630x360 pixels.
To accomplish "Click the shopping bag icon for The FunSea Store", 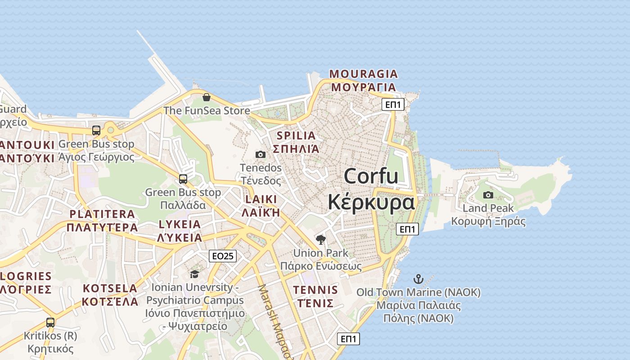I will click(206, 97).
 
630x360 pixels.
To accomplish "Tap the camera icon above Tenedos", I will click(260, 155).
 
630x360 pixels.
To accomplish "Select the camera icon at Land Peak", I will click(488, 195).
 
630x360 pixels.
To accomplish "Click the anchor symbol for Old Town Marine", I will click(418, 279).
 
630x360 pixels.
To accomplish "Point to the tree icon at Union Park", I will click(320, 239).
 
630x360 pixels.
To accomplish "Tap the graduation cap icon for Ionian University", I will click(194, 274).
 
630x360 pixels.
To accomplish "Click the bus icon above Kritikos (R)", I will click(50, 322).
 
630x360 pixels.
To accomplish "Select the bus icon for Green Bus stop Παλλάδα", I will click(183, 179).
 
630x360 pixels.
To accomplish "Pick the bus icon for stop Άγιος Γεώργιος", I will click(96, 130).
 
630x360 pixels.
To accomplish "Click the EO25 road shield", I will click(223, 256).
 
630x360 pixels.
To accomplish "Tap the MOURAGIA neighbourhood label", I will click(364, 74).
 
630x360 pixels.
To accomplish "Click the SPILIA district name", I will click(296, 135).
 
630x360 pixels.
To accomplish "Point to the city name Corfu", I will click(371, 176).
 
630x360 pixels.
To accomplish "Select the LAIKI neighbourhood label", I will click(261, 199).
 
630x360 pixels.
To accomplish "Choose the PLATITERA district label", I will click(102, 214).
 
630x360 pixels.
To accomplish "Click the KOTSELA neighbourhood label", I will click(111, 288).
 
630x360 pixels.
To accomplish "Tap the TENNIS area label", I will click(315, 290).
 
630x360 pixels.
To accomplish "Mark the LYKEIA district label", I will click(180, 225).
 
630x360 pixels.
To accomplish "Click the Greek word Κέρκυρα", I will click(371, 202).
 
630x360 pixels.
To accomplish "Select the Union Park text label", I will click(320, 253).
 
